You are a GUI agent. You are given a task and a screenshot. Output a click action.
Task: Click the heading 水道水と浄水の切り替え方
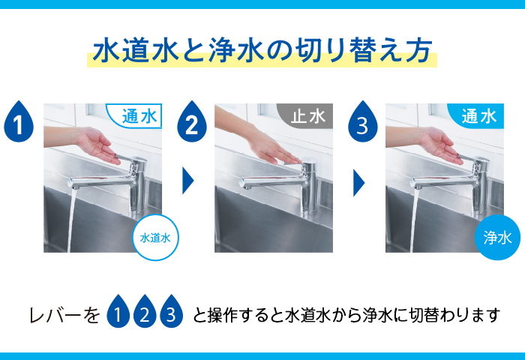point(262,51)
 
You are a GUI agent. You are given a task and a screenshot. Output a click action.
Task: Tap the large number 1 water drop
point(19,122)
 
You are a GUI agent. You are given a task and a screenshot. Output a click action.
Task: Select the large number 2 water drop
point(192,122)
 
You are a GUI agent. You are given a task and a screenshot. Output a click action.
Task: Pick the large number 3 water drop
point(362,122)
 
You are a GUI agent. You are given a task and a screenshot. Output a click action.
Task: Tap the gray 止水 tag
point(305,115)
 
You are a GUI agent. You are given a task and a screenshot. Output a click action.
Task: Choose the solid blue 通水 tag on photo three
point(476,115)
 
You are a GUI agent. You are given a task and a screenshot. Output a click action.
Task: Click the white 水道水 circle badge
point(155,238)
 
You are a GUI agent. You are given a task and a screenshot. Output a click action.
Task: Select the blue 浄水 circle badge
point(497,238)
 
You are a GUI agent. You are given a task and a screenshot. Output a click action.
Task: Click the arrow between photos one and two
point(187,181)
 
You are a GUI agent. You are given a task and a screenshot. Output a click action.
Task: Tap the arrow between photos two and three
point(358,182)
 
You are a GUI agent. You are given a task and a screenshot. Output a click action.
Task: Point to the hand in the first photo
point(99,145)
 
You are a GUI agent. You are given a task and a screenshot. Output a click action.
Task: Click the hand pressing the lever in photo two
point(271,148)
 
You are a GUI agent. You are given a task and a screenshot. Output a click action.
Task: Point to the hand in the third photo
point(441,145)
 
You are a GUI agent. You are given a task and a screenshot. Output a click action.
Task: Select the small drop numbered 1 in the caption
point(118,310)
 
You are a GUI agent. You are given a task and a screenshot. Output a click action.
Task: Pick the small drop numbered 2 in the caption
point(145,310)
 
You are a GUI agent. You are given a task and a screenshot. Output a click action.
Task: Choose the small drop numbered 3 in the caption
point(172,310)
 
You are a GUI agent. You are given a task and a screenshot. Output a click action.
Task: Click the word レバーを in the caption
point(64,315)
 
